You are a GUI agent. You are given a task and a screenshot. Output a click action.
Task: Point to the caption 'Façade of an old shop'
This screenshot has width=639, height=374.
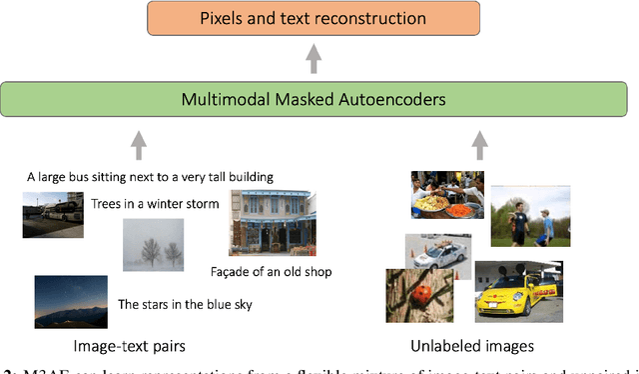pos(271,271)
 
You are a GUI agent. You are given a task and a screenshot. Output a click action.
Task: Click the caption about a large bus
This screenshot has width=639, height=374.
pos(151,177)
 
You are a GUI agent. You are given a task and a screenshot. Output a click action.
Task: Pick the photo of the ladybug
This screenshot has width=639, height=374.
pos(413,295)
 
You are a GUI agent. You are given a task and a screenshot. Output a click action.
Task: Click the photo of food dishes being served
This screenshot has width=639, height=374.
pos(447,196)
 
